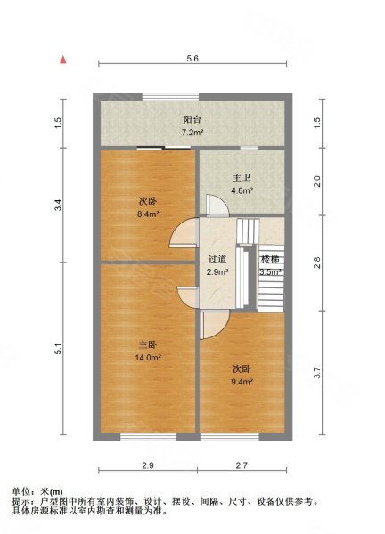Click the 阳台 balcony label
click(192, 118)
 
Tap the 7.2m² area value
click(192, 133)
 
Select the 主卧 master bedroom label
click(148, 344)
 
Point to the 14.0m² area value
click(148, 359)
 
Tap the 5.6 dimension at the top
click(192, 58)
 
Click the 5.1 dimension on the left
click(59, 350)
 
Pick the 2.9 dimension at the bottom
click(147, 465)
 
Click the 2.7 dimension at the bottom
click(242, 465)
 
